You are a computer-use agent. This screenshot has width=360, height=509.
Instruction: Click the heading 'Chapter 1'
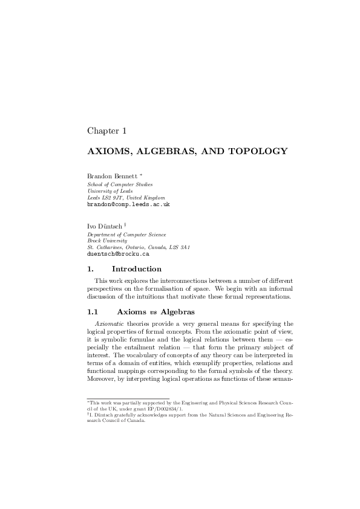coord(106,131)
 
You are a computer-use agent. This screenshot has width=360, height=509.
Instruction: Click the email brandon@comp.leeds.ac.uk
coord(128,204)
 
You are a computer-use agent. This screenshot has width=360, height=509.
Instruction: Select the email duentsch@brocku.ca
coord(119,254)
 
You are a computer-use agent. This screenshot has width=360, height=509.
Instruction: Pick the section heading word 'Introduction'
coord(137,268)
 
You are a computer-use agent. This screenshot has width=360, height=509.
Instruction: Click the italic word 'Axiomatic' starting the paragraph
coord(108,323)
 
